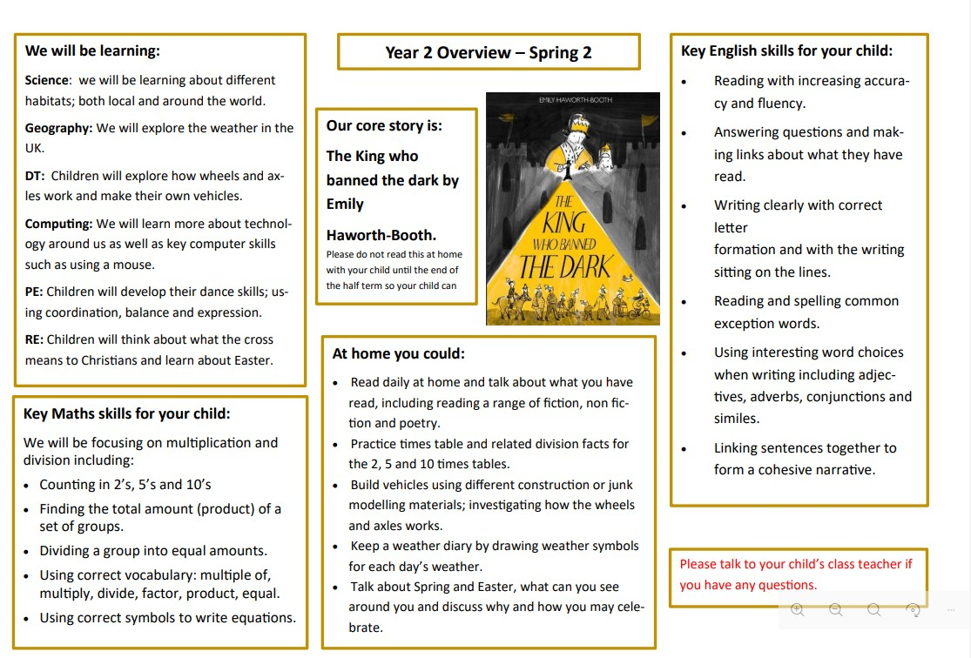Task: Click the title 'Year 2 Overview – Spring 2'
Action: pos(489,52)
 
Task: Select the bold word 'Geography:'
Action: pos(58,128)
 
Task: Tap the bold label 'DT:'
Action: pos(36,176)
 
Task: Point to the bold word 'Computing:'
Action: pos(58,224)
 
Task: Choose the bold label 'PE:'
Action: pos(34,292)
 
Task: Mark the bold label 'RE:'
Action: pos(34,339)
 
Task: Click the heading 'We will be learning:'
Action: pos(92,50)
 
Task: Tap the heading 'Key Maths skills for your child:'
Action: pos(127,413)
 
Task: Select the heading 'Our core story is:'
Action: pos(384,125)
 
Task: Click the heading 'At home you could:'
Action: pos(399,353)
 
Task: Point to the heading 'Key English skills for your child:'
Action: pos(786,50)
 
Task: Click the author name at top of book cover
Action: pos(576,100)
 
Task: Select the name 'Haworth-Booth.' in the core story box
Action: pos(381,235)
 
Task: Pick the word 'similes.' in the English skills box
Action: pos(737,419)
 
